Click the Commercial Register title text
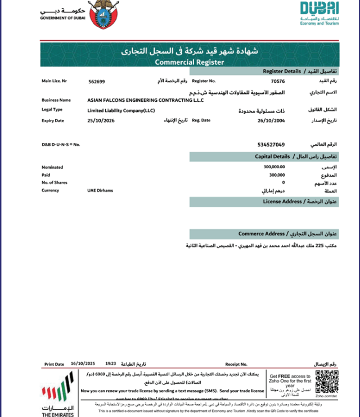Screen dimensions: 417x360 (189, 62)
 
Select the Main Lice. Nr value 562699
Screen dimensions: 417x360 (97, 82)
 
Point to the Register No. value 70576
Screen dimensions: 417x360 (277, 82)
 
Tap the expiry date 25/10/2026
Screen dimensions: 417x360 (100, 120)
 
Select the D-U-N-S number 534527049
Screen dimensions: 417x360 (271, 145)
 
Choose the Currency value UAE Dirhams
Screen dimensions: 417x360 (100, 191)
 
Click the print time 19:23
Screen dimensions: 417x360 (110, 364)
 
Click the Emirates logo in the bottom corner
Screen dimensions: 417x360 (57, 397)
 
